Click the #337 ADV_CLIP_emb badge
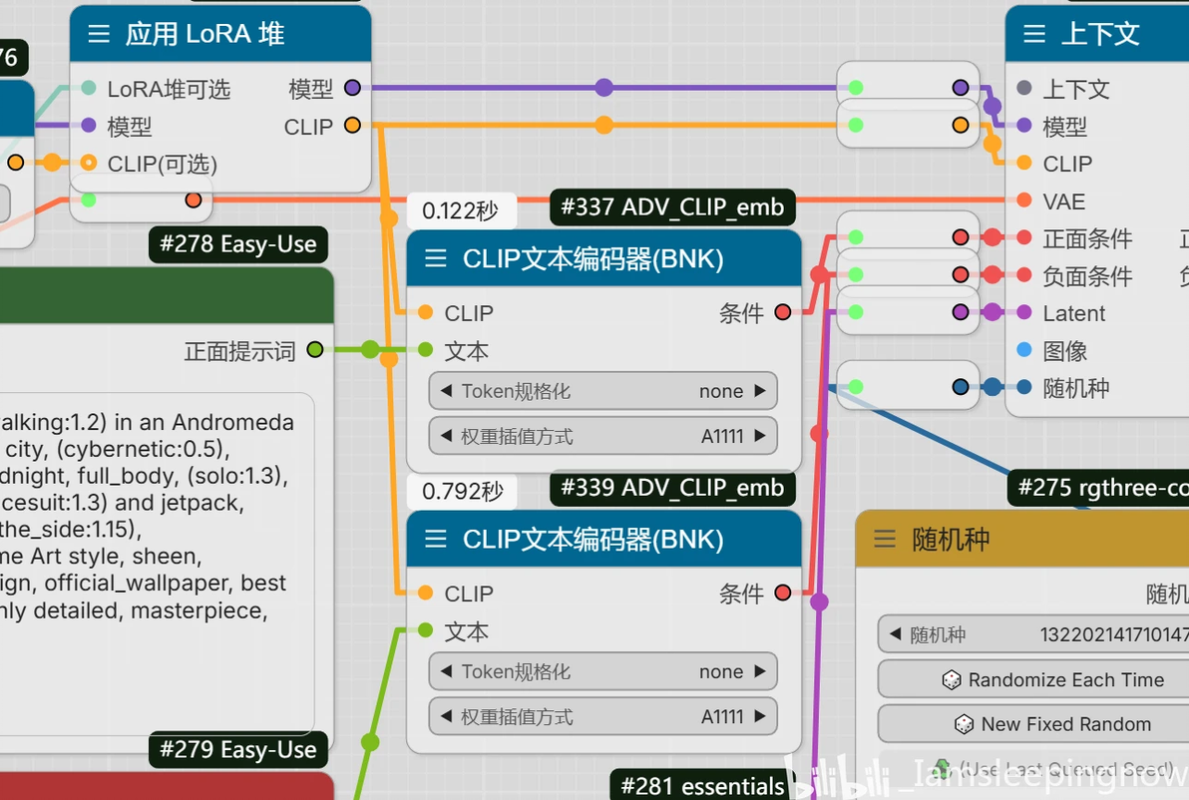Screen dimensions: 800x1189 (x=672, y=207)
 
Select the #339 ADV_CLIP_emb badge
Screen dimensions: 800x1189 (x=672, y=488)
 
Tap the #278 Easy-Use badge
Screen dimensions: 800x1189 (x=237, y=244)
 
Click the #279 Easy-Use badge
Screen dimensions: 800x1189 (x=237, y=750)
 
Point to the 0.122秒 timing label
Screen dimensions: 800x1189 (x=460, y=211)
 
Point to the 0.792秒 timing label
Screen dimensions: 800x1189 (x=460, y=492)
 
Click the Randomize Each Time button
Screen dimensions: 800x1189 (x=1053, y=680)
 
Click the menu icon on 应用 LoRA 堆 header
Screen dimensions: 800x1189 (x=99, y=34)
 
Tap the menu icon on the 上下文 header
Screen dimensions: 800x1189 (x=1034, y=34)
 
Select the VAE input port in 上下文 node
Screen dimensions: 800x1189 (x=1024, y=200)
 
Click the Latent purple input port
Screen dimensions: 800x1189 (x=1024, y=313)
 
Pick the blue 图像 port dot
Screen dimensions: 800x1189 (x=1024, y=350)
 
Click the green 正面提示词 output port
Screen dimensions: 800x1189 (x=315, y=350)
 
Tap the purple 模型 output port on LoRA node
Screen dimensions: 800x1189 (x=352, y=88)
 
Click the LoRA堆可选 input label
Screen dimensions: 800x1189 (x=169, y=89)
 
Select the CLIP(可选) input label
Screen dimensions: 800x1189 (x=162, y=164)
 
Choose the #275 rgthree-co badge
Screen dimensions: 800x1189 (x=1097, y=488)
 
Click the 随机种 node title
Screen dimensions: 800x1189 (x=951, y=540)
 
